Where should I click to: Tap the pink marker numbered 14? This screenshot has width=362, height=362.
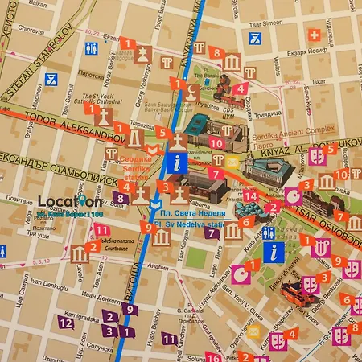point(251,195)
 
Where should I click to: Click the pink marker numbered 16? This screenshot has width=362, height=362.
point(214,357)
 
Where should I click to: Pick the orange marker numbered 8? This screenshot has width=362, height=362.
point(216,53)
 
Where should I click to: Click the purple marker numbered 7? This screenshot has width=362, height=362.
point(211,233)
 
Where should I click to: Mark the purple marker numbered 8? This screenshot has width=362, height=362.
point(120,198)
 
